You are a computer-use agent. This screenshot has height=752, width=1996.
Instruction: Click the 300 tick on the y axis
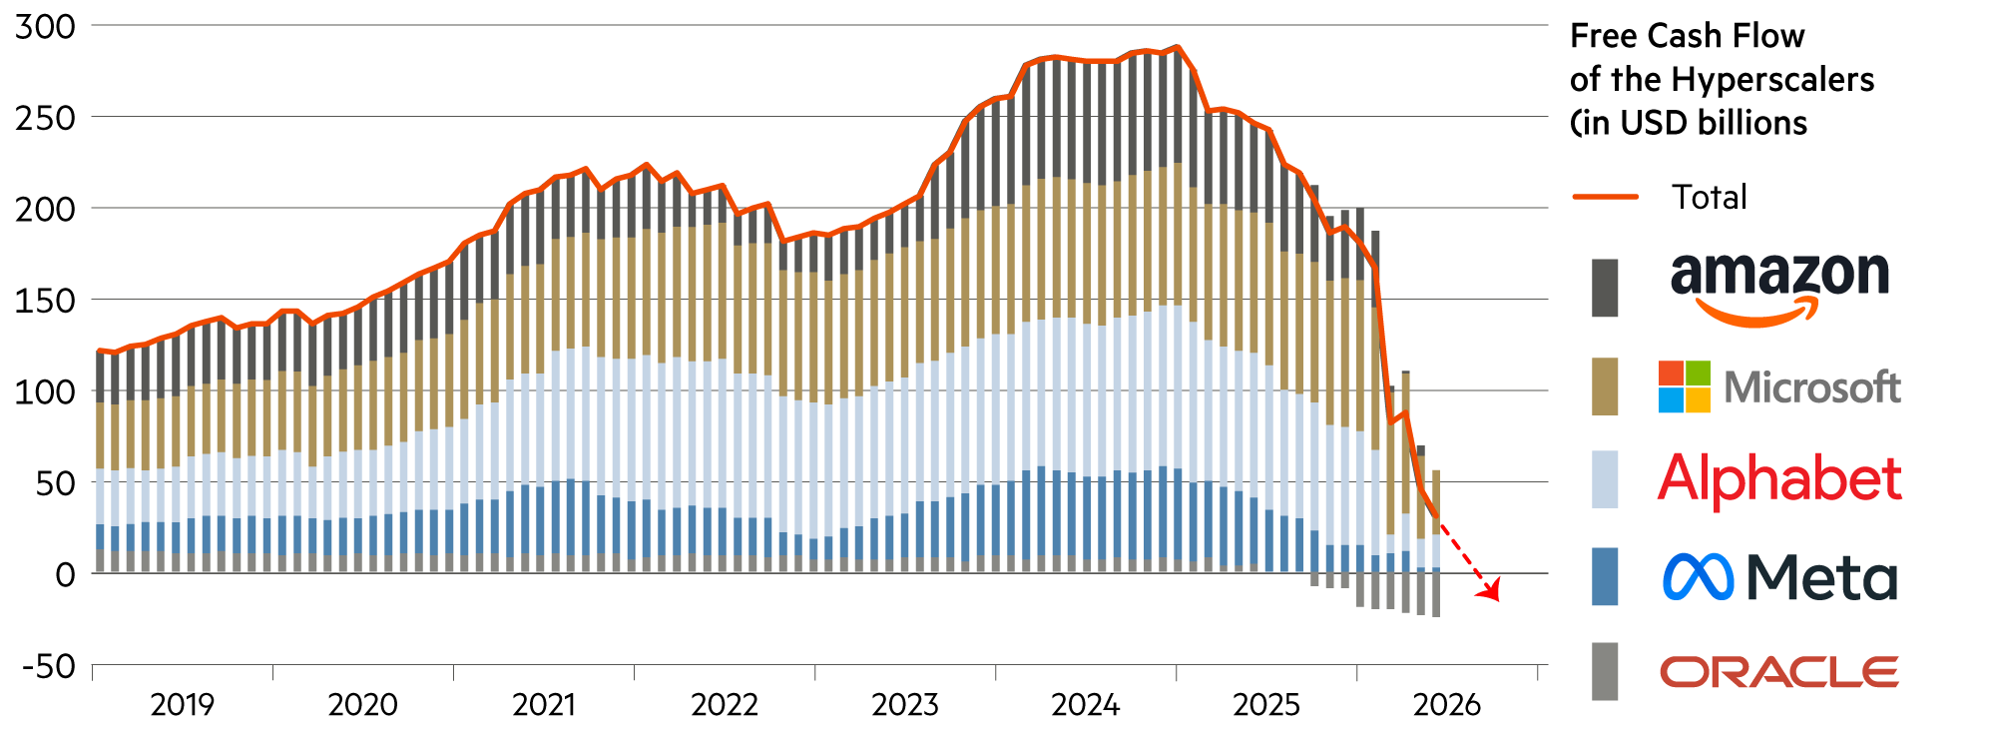pyautogui.click(x=45, y=27)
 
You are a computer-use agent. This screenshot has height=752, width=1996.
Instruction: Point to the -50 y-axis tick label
pyautogui.click(x=49, y=666)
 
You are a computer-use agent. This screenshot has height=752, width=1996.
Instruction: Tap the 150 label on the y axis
pyautogui.click(x=45, y=301)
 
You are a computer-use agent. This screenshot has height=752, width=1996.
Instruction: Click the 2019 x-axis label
pyautogui.click(x=183, y=705)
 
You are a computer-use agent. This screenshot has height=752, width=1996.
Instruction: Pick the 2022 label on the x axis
pyautogui.click(x=726, y=705)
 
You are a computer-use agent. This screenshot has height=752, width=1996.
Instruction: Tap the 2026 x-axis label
pyautogui.click(x=1448, y=705)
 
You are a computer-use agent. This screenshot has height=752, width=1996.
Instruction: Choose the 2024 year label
pyautogui.click(x=1087, y=705)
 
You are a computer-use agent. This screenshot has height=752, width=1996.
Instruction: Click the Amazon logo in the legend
pyautogui.click(x=1779, y=288)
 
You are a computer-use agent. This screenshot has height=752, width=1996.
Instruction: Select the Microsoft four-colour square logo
pyautogui.click(x=1685, y=387)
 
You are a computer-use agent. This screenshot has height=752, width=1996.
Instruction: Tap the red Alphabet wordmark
pyautogui.click(x=1779, y=479)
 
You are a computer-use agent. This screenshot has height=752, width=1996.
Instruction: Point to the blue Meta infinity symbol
pyautogui.click(x=1699, y=577)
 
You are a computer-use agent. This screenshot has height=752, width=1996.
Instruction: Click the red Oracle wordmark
pyautogui.click(x=1779, y=672)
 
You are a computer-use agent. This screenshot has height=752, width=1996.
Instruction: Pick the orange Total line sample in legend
pyautogui.click(x=1606, y=197)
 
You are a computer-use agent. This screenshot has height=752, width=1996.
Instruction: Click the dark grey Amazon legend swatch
pyautogui.click(x=1605, y=288)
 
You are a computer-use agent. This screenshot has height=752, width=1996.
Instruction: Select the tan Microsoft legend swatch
pyautogui.click(x=1605, y=386)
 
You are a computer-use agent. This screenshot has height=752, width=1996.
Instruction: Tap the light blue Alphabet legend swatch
pyautogui.click(x=1605, y=479)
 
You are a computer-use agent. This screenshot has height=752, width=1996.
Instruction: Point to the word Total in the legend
pyautogui.click(x=1710, y=197)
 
